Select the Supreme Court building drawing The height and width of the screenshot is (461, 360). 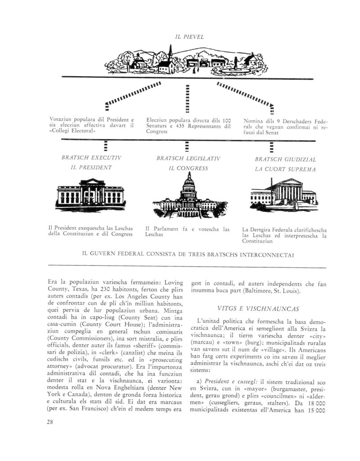[283, 192]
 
